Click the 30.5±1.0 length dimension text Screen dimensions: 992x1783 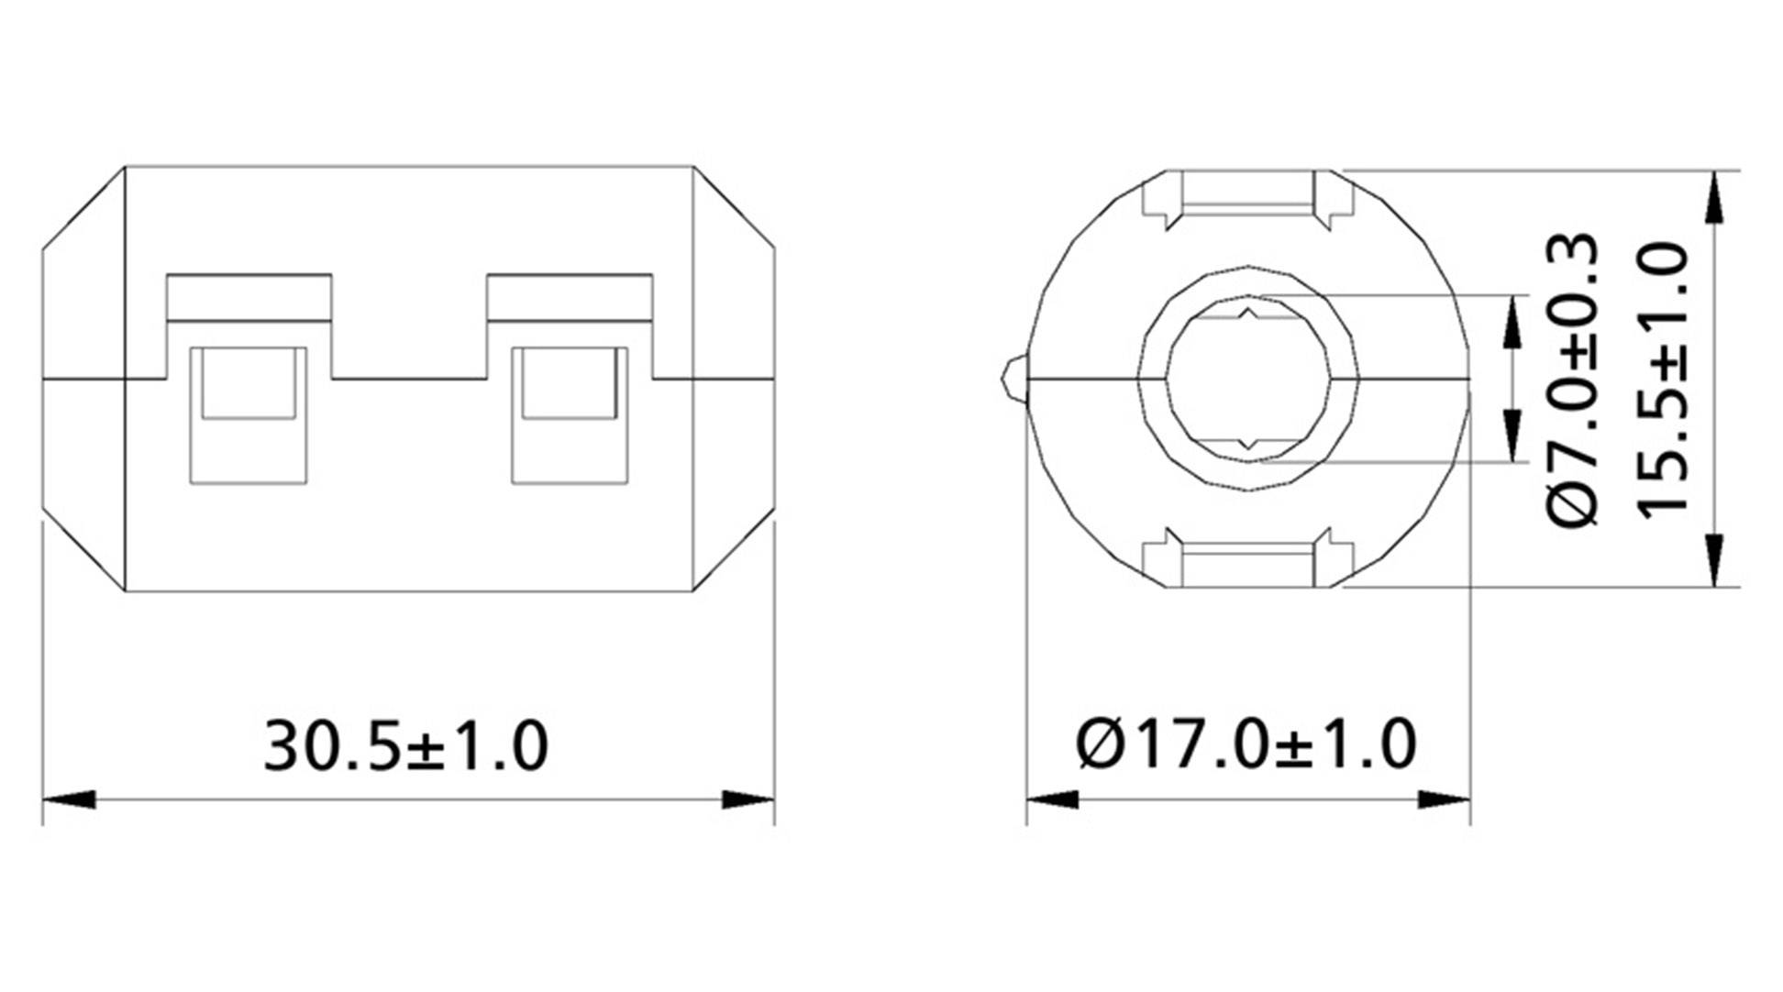point(405,746)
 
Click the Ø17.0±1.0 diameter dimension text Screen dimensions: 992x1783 point(1246,746)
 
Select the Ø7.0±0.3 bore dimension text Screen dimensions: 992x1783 point(1574,380)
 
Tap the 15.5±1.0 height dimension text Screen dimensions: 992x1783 point(1662,380)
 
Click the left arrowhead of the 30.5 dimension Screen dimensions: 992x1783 point(70,799)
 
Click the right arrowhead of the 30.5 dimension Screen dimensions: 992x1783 point(748,799)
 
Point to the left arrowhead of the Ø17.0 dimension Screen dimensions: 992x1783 point(1053,799)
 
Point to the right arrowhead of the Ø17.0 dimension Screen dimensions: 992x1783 point(1444,799)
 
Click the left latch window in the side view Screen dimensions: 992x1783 point(248,414)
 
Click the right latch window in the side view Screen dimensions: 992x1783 point(570,414)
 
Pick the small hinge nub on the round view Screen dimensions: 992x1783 point(1013,379)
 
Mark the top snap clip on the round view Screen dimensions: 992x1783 point(1246,198)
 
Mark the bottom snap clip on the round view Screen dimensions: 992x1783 point(1246,558)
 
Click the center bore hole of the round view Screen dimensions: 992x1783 point(1246,379)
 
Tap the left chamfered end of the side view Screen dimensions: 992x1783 point(83,379)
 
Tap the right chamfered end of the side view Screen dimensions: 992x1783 point(734,379)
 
